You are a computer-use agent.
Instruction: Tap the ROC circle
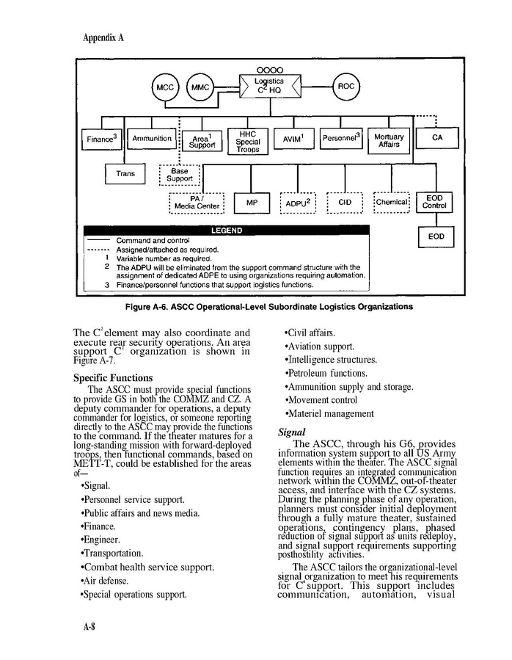point(345,87)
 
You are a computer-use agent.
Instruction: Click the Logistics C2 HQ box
point(268,86)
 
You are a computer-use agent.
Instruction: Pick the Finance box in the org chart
point(103,138)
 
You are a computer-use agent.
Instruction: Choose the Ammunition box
point(152,138)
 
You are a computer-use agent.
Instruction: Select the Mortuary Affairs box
point(389,141)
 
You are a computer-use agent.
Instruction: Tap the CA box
point(437,138)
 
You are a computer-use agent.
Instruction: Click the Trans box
point(125,174)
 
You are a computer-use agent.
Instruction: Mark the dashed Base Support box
point(180,175)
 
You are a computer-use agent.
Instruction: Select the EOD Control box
point(436,202)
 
